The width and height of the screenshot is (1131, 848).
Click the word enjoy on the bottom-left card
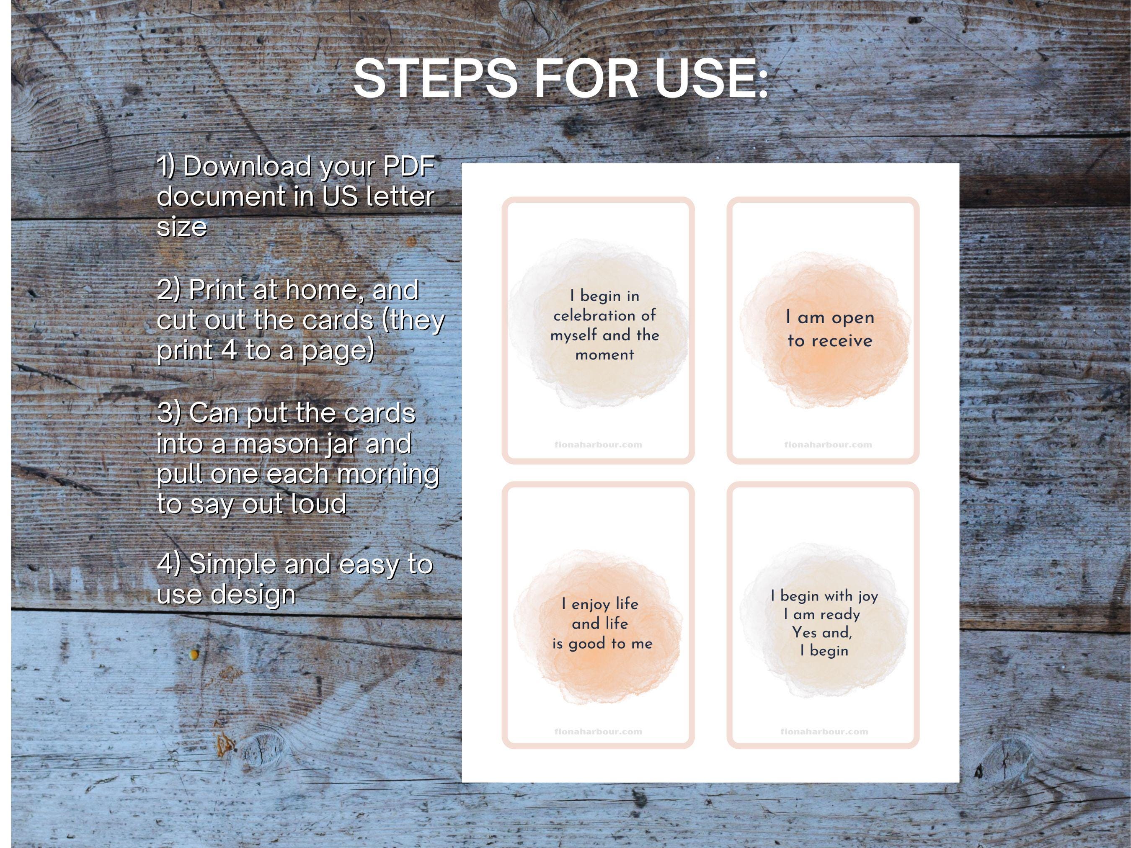coord(591,604)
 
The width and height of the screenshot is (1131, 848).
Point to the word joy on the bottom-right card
coord(868,596)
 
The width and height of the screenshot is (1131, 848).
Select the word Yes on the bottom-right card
coord(804,633)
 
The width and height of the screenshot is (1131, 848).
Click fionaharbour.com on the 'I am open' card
coord(828,445)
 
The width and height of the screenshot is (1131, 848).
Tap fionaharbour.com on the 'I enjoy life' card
coord(598,732)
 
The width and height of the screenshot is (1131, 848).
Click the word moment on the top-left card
coord(604,355)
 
